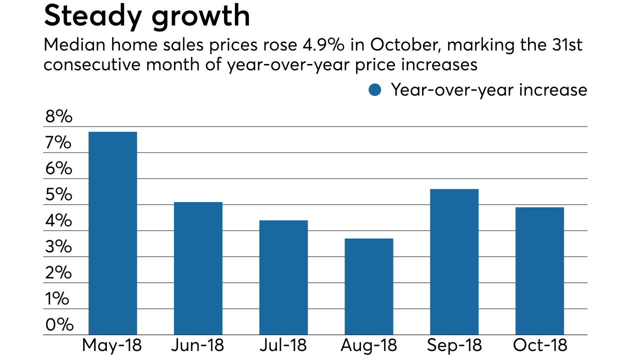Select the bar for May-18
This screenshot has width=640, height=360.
tap(112, 233)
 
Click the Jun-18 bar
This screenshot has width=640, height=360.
tap(198, 268)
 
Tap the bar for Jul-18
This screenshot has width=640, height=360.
tap(283, 277)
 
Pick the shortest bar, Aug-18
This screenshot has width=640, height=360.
tap(369, 286)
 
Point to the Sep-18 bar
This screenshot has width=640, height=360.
tap(454, 261)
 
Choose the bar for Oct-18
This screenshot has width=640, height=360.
tap(539, 270)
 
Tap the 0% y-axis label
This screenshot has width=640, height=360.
tap(58, 325)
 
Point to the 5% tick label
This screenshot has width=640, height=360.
tap(58, 195)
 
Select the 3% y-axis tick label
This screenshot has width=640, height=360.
tap(58, 247)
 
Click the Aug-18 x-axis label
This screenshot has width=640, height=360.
tap(369, 345)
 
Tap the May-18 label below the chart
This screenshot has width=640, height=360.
tap(112, 345)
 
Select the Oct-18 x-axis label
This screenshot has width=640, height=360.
tap(539, 345)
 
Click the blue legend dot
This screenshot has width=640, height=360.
tap(374, 90)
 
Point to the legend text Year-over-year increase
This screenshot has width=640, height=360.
tap(488, 90)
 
